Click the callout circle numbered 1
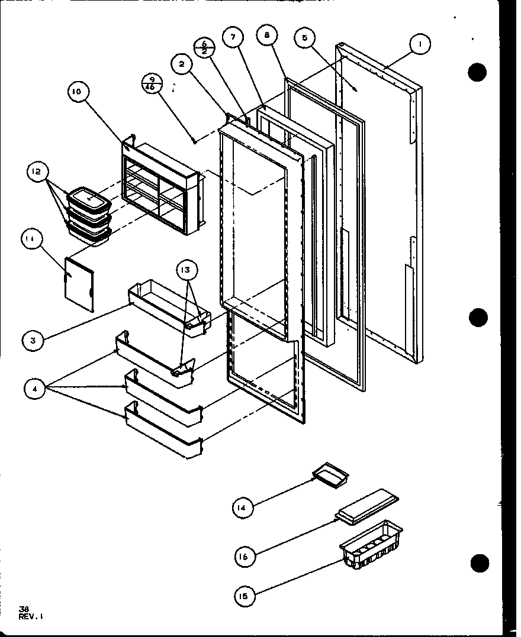pyautogui.click(x=419, y=43)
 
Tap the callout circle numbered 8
pyautogui.click(x=267, y=36)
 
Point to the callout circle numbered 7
pyautogui.click(x=233, y=37)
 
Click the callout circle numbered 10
pyautogui.click(x=78, y=92)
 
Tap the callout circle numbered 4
pyautogui.click(x=36, y=390)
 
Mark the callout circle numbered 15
pyautogui.click(x=245, y=596)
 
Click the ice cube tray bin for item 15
pyautogui.click(x=369, y=545)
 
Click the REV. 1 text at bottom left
pyautogui.click(x=31, y=616)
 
